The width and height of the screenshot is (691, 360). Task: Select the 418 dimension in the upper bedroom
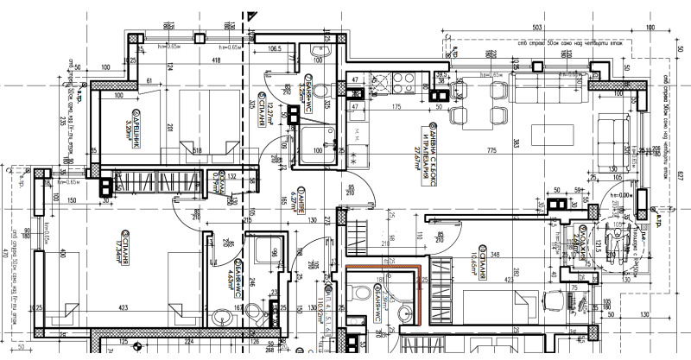point(210,61)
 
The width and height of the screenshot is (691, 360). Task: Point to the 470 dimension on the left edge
point(5,255)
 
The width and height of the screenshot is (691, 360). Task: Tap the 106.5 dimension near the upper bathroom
point(276,49)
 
